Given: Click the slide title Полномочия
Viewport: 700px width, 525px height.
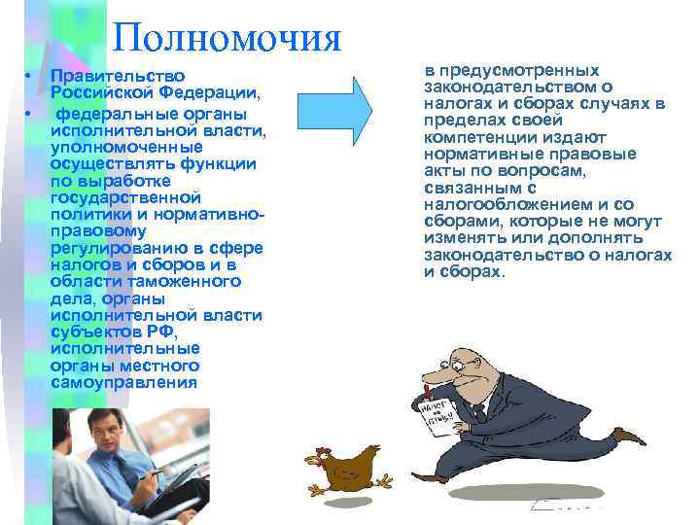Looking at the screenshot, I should coord(227,38).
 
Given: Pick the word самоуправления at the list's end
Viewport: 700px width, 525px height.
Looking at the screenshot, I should coord(123,381).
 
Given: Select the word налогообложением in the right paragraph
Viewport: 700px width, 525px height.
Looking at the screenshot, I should coord(503,204).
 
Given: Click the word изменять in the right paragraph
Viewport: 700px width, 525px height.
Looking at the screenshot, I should coord(463,237).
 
